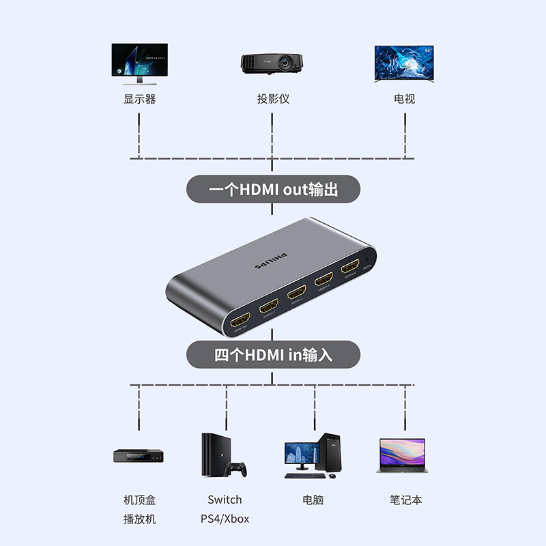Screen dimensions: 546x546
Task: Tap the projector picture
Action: pos(272,62)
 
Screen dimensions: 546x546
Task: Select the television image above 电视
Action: pos(404,63)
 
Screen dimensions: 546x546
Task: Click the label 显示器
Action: pos(139,99)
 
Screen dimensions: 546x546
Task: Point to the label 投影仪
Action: pos(273,99)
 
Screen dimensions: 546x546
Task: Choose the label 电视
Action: pos(404,99)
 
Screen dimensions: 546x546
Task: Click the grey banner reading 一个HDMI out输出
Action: pos(273,189)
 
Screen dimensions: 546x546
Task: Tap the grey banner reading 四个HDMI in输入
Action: pos(273,355)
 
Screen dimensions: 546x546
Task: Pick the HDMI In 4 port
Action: pos(351,267)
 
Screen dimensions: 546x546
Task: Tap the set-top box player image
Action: pos(139,456)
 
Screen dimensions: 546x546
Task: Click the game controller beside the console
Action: pos(236,469)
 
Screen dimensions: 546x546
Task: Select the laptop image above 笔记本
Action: pos(401,456)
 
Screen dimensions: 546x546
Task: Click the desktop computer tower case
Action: pos(330,451)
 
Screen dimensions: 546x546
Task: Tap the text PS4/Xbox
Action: pos(225,519)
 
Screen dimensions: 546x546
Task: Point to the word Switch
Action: pos(225,500)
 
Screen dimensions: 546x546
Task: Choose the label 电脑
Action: pos(313,500)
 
